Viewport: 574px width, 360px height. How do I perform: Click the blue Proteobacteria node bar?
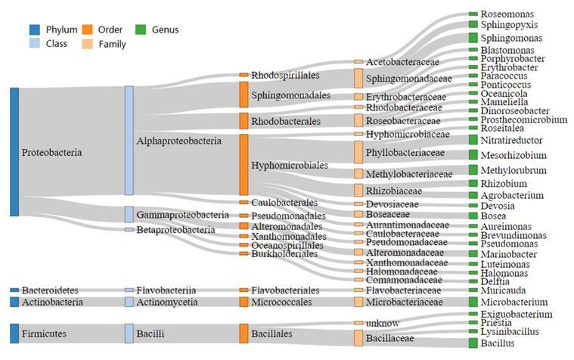(x=14, y=151)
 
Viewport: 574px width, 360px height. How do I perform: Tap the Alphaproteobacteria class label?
(x=179, y=141)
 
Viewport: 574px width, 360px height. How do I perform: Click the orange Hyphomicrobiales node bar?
(x=244, y=165)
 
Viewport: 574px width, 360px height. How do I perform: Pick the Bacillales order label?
(x=277, y=332)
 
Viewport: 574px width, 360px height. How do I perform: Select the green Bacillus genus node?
(x=473, y=343)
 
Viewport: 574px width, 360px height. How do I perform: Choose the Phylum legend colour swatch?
(x=35, y=30)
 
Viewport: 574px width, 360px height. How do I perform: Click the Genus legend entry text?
(x=166, y=30)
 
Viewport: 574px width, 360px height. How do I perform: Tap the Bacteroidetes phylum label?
(x=50, y=290)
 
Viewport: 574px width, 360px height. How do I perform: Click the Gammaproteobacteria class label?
(x=183, y=214)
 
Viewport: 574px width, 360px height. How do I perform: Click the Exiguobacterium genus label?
(x=517, y=314)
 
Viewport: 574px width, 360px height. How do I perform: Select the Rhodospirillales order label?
(x=285, y=75)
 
